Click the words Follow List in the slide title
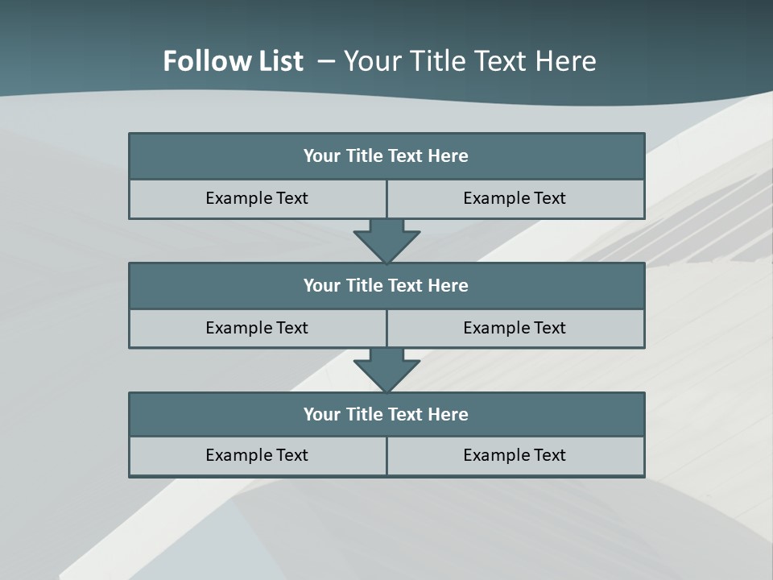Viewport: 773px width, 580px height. (x=233, y=61)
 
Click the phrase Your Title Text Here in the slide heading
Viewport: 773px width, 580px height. (x=470, y=61)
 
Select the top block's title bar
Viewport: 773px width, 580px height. (x=386, y=156)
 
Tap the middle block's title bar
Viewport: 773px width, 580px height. (x=386, y=285)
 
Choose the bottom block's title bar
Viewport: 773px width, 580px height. (x=386, y=414)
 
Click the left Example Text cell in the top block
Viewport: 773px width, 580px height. (x=257, y=198)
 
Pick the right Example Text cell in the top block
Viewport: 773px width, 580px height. (x=515, y=198)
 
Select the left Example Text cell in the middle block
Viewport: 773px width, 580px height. (x=257, y=328)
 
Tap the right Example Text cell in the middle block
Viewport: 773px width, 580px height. (x=515, y=328)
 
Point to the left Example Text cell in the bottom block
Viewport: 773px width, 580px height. (x=257, y=455)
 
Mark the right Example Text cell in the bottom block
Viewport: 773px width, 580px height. (x=515, y=455)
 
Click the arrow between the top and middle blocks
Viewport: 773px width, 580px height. (x=386, y=241)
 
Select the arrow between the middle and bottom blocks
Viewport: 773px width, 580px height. (x=386, y=371)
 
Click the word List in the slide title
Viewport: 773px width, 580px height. (x=276, y=61)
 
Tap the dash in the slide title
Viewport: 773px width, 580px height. (x=327, y=61)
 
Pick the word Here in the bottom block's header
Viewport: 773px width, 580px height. (x=449, y=414)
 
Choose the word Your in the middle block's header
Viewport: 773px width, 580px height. (x=321, y=285)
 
